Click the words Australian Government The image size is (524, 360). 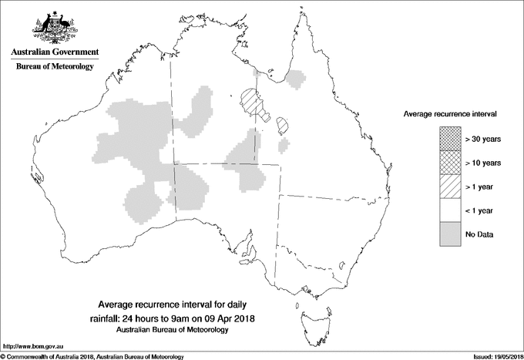(x=54, y=52)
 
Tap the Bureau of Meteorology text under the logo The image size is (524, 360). (x=54, y=67)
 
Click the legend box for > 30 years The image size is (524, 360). (x=450, y=140)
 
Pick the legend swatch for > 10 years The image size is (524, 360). (x=450, y=163)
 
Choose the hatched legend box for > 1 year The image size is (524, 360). (x=450, y=187)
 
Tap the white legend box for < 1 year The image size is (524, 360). (x=450, y=210)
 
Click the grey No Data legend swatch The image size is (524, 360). (x=450, y=234)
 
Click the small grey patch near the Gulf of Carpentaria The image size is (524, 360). (x=295, y=78)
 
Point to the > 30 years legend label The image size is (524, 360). (x=483, y=140)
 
